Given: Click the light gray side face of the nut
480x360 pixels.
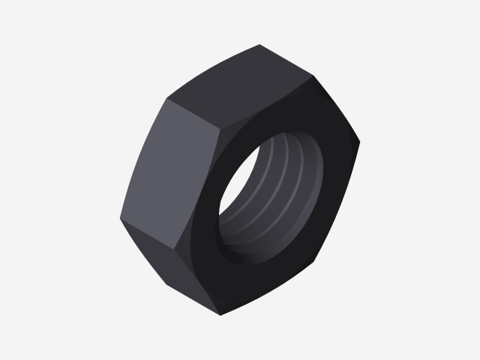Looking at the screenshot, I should click(169, 172).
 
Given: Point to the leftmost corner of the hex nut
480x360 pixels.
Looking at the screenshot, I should click(119, 220).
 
